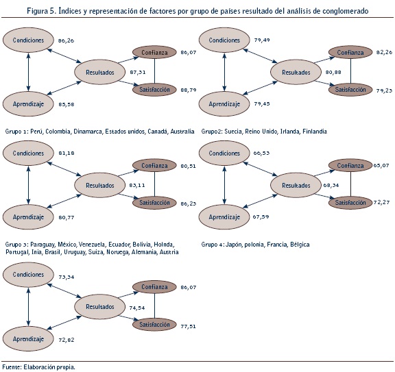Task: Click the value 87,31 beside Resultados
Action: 138,72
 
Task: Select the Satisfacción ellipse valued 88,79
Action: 154,90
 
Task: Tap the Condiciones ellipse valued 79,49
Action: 224,40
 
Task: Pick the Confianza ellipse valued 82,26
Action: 350,52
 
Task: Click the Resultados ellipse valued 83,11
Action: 99,185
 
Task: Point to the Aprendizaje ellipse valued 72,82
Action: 28,339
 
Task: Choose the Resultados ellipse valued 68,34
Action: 296,185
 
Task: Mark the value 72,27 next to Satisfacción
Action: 382,202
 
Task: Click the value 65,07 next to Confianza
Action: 382,165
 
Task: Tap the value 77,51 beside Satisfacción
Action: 188,326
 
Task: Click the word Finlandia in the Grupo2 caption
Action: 315,132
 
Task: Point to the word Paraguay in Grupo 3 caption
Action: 43,245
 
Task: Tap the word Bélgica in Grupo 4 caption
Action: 300,245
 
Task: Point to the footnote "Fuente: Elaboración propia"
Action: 38,367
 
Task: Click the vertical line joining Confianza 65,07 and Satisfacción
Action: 350,184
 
